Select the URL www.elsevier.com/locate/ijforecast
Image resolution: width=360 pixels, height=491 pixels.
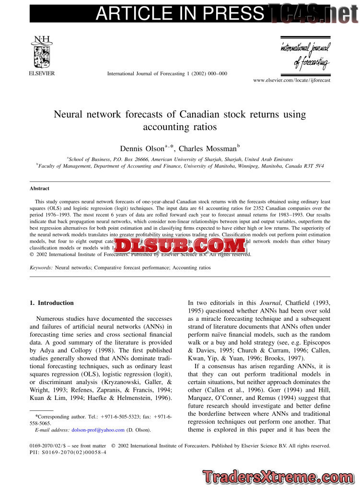click(291, 80)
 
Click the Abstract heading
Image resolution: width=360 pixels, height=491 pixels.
click(39, 188)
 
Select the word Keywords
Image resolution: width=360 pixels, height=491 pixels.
click(41, 268)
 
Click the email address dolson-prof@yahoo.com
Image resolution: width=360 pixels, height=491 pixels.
click(98, 430)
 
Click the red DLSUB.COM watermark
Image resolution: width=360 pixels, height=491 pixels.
click(180, 246)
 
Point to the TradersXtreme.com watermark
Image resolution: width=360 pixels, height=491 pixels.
click(279, 477)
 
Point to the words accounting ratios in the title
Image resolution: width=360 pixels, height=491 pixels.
click(180, 127)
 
